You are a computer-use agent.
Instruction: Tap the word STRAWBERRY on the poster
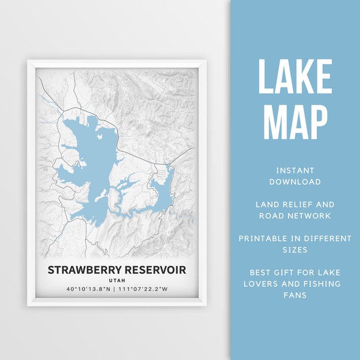85,270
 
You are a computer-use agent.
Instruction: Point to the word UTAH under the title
116,280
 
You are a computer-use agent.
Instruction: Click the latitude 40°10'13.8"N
89,290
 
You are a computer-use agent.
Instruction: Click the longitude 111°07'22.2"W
146,290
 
